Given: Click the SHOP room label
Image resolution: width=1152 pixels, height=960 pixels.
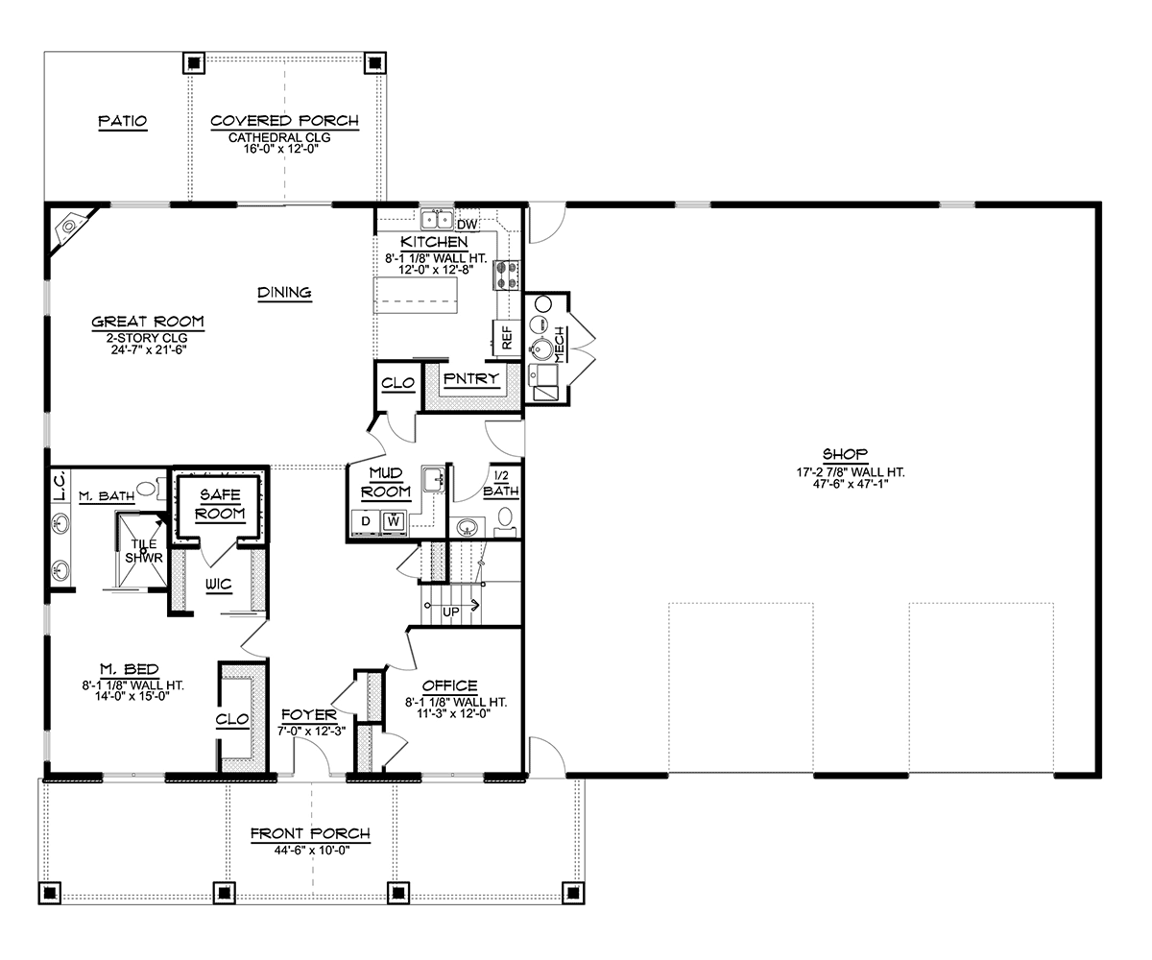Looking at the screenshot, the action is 845,454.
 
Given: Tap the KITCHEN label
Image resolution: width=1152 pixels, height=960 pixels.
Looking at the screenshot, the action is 434,242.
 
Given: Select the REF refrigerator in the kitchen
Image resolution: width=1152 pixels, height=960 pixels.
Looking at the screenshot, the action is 507,338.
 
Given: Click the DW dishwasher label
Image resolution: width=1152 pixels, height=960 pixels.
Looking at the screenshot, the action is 467,225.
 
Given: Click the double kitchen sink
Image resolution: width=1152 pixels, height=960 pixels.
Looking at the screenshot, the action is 437,220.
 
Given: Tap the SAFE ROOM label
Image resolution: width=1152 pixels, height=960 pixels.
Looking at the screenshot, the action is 220,504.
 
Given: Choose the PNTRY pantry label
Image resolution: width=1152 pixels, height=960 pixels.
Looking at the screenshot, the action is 470,378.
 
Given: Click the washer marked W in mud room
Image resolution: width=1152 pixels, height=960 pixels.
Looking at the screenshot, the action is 394,521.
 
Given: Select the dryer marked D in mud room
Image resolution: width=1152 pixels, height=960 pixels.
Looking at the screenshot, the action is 365,521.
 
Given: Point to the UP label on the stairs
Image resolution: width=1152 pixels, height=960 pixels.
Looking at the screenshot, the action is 451,612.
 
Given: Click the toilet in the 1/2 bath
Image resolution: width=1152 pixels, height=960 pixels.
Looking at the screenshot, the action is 505,522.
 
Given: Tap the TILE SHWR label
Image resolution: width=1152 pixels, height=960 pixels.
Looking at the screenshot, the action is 143,551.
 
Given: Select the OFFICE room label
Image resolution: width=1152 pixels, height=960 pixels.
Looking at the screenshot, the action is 449,685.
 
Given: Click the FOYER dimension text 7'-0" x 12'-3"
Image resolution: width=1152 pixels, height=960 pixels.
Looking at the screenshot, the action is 311,731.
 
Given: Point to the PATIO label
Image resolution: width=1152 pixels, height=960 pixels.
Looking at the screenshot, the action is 123,121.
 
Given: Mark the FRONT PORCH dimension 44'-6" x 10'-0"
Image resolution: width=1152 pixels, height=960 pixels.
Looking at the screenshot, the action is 312,851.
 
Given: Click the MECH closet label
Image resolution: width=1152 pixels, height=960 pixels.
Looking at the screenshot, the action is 559,345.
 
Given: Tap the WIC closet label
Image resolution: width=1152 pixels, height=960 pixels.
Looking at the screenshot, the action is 219,584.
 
